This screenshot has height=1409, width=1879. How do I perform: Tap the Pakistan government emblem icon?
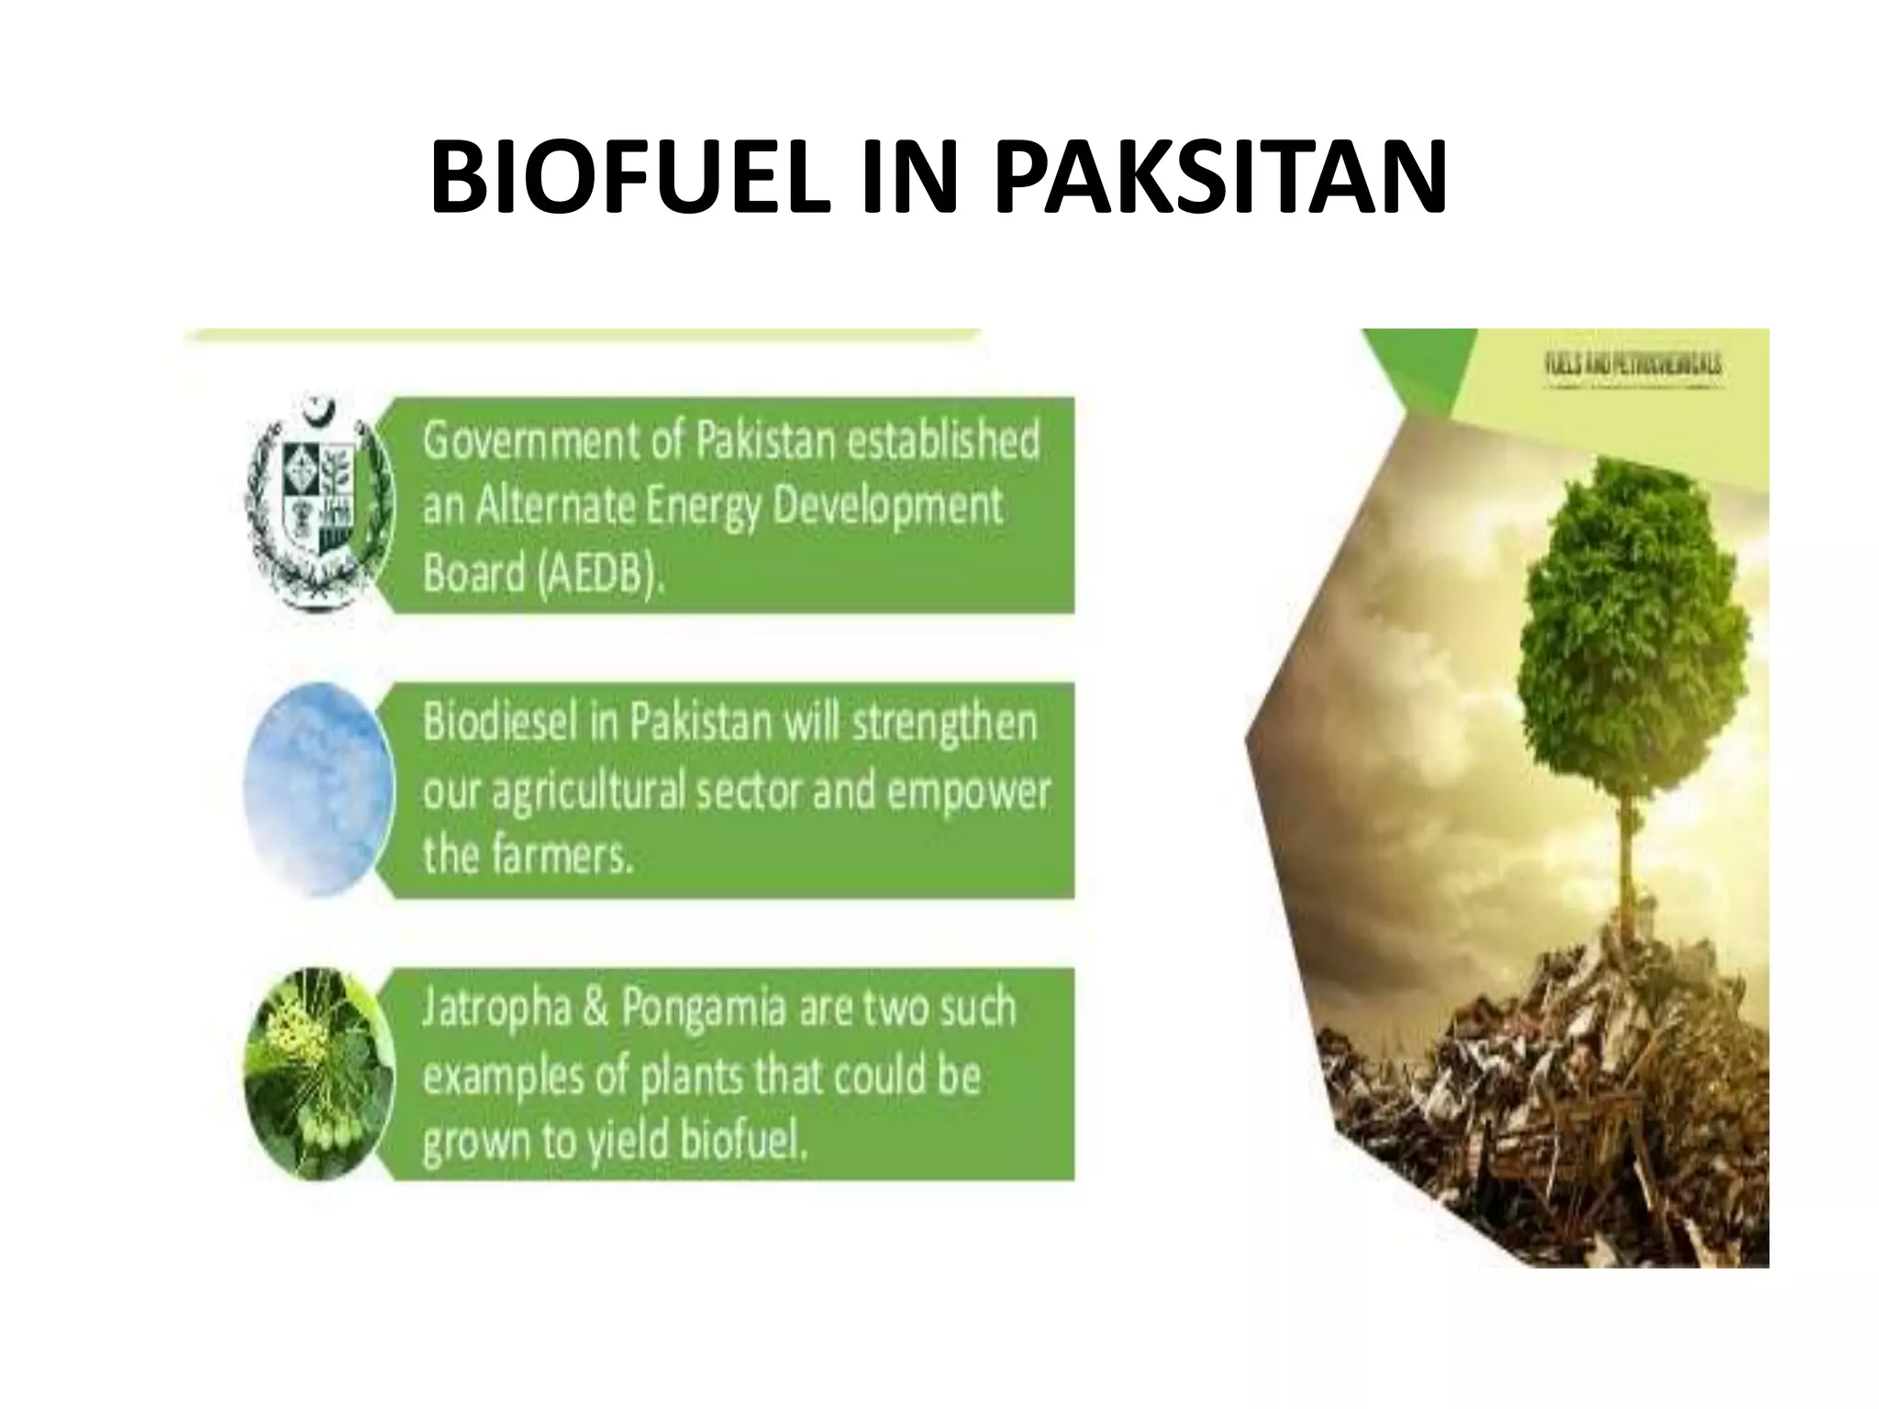click(x=318, y=504)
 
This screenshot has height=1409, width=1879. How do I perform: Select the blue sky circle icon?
click(x=318, y=790)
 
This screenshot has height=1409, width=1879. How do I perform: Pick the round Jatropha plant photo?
click(x=318, y=1073)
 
